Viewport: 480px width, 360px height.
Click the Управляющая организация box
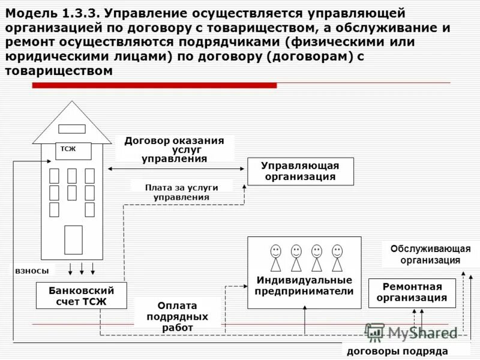(301, 171)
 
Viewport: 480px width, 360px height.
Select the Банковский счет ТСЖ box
(81, 295)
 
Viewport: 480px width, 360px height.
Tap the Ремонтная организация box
(411, 293)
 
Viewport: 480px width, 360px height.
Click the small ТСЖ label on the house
(68, 149)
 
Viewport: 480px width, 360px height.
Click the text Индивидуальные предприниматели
(304, 286)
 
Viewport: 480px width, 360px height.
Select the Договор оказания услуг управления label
(174, 149)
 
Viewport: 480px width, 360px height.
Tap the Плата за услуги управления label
(181, 192)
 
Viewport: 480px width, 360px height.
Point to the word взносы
(32, 271)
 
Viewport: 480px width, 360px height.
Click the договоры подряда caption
(398, 351)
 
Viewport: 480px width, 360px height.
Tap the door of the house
(73, 239)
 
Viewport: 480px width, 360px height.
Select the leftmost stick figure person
(275, 258)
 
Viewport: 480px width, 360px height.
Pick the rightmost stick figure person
(337, 258)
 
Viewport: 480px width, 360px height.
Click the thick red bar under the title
(154, 85)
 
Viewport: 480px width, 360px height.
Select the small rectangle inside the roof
(71, 129)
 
